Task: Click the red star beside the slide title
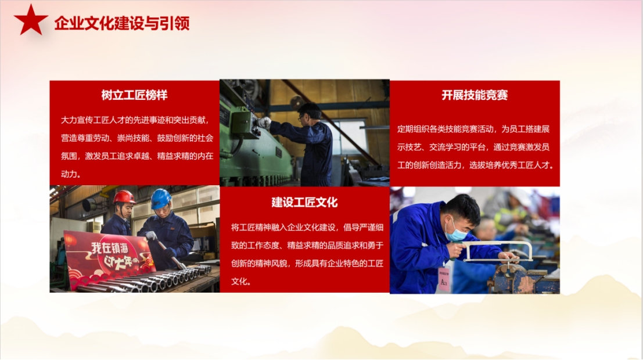pos(31,20)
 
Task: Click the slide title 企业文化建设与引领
pos(122,23)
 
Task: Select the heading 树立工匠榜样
pos(135,95)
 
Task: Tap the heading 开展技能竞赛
pos(475,95)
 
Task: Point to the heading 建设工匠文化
pos(304,202)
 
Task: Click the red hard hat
pos(124,197)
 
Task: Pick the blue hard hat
pos(160,199)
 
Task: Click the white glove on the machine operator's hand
pos(264,122)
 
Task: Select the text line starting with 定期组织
pos(473,129)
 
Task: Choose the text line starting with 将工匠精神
pos(307,228)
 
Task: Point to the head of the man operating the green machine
pos(310,113)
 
